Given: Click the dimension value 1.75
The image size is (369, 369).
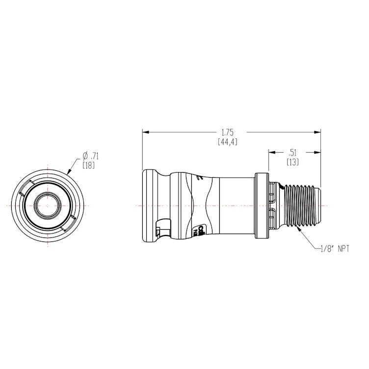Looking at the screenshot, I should click(227, 132).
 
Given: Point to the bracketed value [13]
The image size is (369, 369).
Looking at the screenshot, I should click(292, 161).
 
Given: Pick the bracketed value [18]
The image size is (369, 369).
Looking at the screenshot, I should click(89, 165).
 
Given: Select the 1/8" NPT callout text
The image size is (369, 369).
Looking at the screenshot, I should click(334, 249).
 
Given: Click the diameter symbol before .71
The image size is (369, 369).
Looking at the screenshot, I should click(81, 156).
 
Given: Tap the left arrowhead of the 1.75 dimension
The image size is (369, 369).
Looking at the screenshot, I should click(144, 132).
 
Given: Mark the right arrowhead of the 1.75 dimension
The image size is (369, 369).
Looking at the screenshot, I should click(318, 132).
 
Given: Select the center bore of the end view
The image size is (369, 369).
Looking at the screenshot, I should click(48, 204).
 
